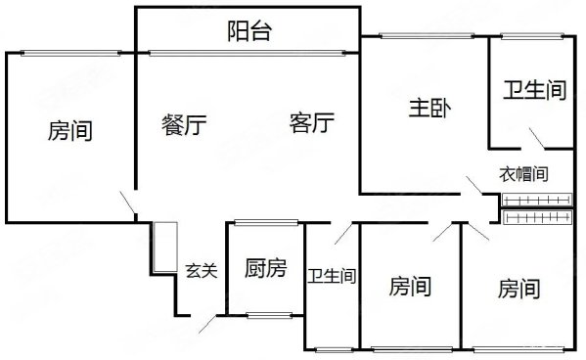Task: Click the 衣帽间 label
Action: [523, 175]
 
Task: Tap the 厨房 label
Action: [265, 268]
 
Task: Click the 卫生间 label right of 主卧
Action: [535, 91]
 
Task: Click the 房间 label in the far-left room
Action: [69, 130]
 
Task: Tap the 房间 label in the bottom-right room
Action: [519, 289]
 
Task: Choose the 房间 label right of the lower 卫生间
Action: [410, 287]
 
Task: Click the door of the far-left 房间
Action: [128, 203]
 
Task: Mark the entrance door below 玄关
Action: [210, 325]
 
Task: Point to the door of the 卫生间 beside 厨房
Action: [341, 233]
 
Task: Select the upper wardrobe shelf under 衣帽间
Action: [535, 201]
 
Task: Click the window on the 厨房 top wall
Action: [267, 221]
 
